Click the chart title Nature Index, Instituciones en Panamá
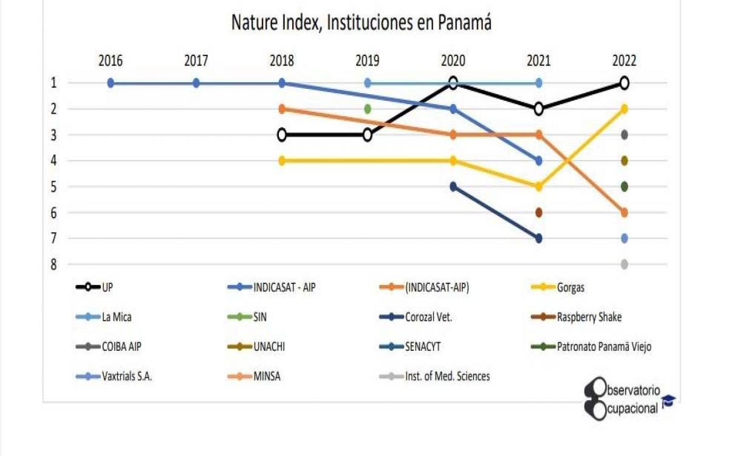(361, 23)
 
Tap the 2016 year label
(111, 61)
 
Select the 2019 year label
(367, 61)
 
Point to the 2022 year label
(624, 61)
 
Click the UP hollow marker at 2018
(282, 135)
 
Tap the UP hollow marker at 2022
(624, 83)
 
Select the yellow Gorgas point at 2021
(538, 187)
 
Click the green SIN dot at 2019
(367, 109)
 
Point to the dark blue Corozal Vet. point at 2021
(538, 238)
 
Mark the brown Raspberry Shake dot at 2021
(538, 213)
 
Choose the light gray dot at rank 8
(624, 264)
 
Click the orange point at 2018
(282, 109)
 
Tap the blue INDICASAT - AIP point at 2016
(111, 83)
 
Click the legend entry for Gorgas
(570, 288)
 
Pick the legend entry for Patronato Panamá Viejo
(604, 347)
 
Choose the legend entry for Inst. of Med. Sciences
(447, 376)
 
